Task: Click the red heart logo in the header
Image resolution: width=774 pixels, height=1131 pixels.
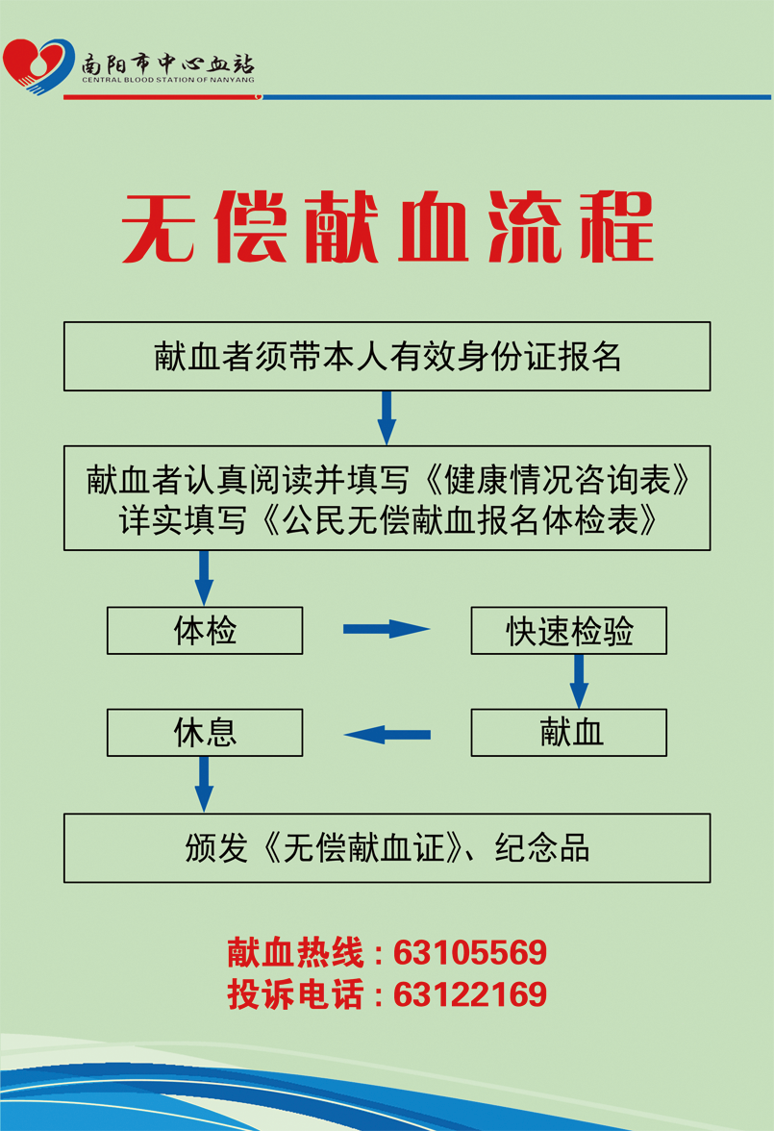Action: (x=37, y=64)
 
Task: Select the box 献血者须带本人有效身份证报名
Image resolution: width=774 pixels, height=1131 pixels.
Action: (x=387, y=356)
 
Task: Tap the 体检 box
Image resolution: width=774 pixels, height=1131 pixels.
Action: (x=205, y=631)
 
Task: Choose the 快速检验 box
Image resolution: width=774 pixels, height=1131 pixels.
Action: (x=568, y=631)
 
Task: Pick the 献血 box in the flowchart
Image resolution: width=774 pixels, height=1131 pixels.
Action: (x=568, y=733)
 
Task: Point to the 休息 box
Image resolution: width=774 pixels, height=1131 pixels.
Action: (x=205, y=733)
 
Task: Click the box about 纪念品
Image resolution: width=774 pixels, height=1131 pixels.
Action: (x=387, y=848)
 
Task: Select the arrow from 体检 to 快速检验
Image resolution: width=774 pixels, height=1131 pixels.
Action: (x=386, y=630)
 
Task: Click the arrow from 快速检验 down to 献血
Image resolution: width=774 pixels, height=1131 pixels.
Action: (x=579, y=681)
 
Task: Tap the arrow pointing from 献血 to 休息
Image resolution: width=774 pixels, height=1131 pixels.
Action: (x=387, y=736)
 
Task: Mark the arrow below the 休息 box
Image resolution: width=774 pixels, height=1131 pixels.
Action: (x=204, y=783)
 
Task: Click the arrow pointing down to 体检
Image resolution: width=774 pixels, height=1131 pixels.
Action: (x=204, y=577)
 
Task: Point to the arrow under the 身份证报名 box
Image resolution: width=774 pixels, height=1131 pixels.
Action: (x=387, y=417)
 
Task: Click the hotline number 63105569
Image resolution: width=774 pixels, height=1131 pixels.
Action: (x=470, y=953)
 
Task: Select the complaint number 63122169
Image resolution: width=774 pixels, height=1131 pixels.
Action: (x=470, y=994)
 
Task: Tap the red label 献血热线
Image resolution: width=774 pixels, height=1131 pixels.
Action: (x=295, y=953)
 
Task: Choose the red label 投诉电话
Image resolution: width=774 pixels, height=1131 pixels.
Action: (x=295, y=994)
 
